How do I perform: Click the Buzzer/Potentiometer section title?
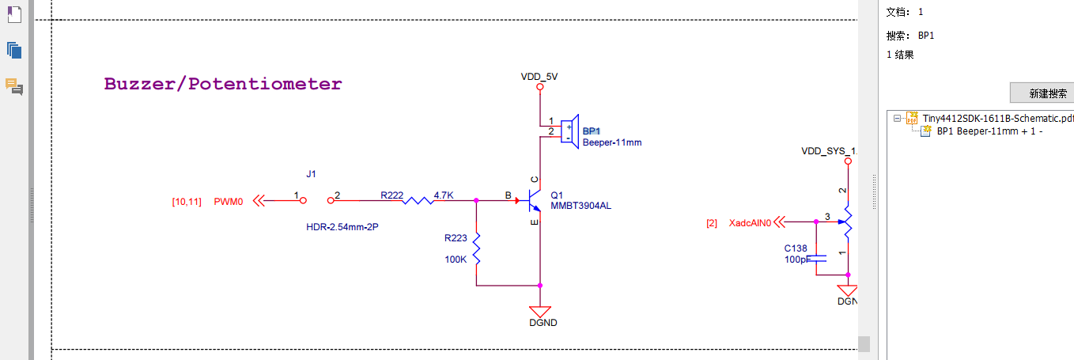pyautogui.click(x=223, y=84)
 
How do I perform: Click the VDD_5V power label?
pyautogui.click(x=539, y=77)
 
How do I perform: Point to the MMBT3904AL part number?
pyautogui.click(x=581, y=207)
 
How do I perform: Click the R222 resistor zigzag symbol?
pyautogui.click(x=417, y=201)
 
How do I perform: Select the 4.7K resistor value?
pyautogui.click(x=444, y=194)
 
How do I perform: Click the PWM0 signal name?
pyautogui.click(x=229, y=202)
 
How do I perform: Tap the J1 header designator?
pyautogui.click(x=311, y=173)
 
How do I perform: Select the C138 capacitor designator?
pyautogui.click(x=796, y=248)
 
